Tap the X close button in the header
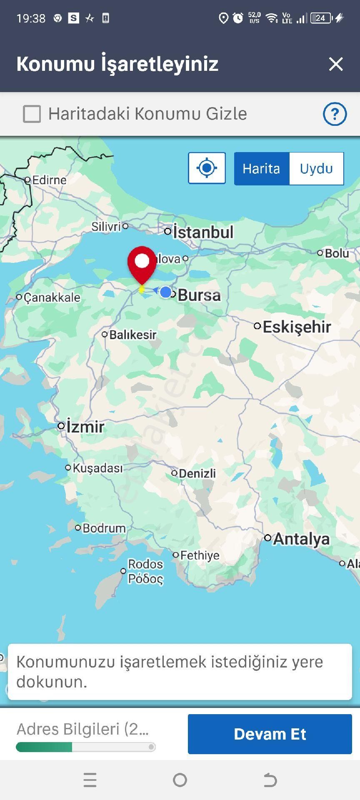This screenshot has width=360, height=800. (336, 64)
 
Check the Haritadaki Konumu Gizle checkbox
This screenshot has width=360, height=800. (32, 114)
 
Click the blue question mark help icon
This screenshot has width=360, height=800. (335, 114)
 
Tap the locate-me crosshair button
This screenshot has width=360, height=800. (207, 168)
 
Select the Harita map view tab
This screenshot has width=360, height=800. (261, 169)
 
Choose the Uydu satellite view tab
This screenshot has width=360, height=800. (316, 169)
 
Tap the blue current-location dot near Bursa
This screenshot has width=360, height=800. (166, 292)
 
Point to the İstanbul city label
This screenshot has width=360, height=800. (203, 232)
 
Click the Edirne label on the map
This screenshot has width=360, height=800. (49, 180)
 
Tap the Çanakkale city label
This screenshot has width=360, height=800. (52, 297)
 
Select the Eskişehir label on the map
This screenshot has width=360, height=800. (297, 327)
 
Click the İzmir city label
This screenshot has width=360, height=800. (85, 427)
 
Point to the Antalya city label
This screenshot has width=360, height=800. (301, 539)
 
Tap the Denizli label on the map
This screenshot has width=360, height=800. (197, 473)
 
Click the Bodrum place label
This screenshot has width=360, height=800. (104, 528)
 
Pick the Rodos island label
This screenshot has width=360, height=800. (145, 564)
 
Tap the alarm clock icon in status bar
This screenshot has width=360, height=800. (238, 18)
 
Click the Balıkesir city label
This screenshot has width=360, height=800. (132, 335)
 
